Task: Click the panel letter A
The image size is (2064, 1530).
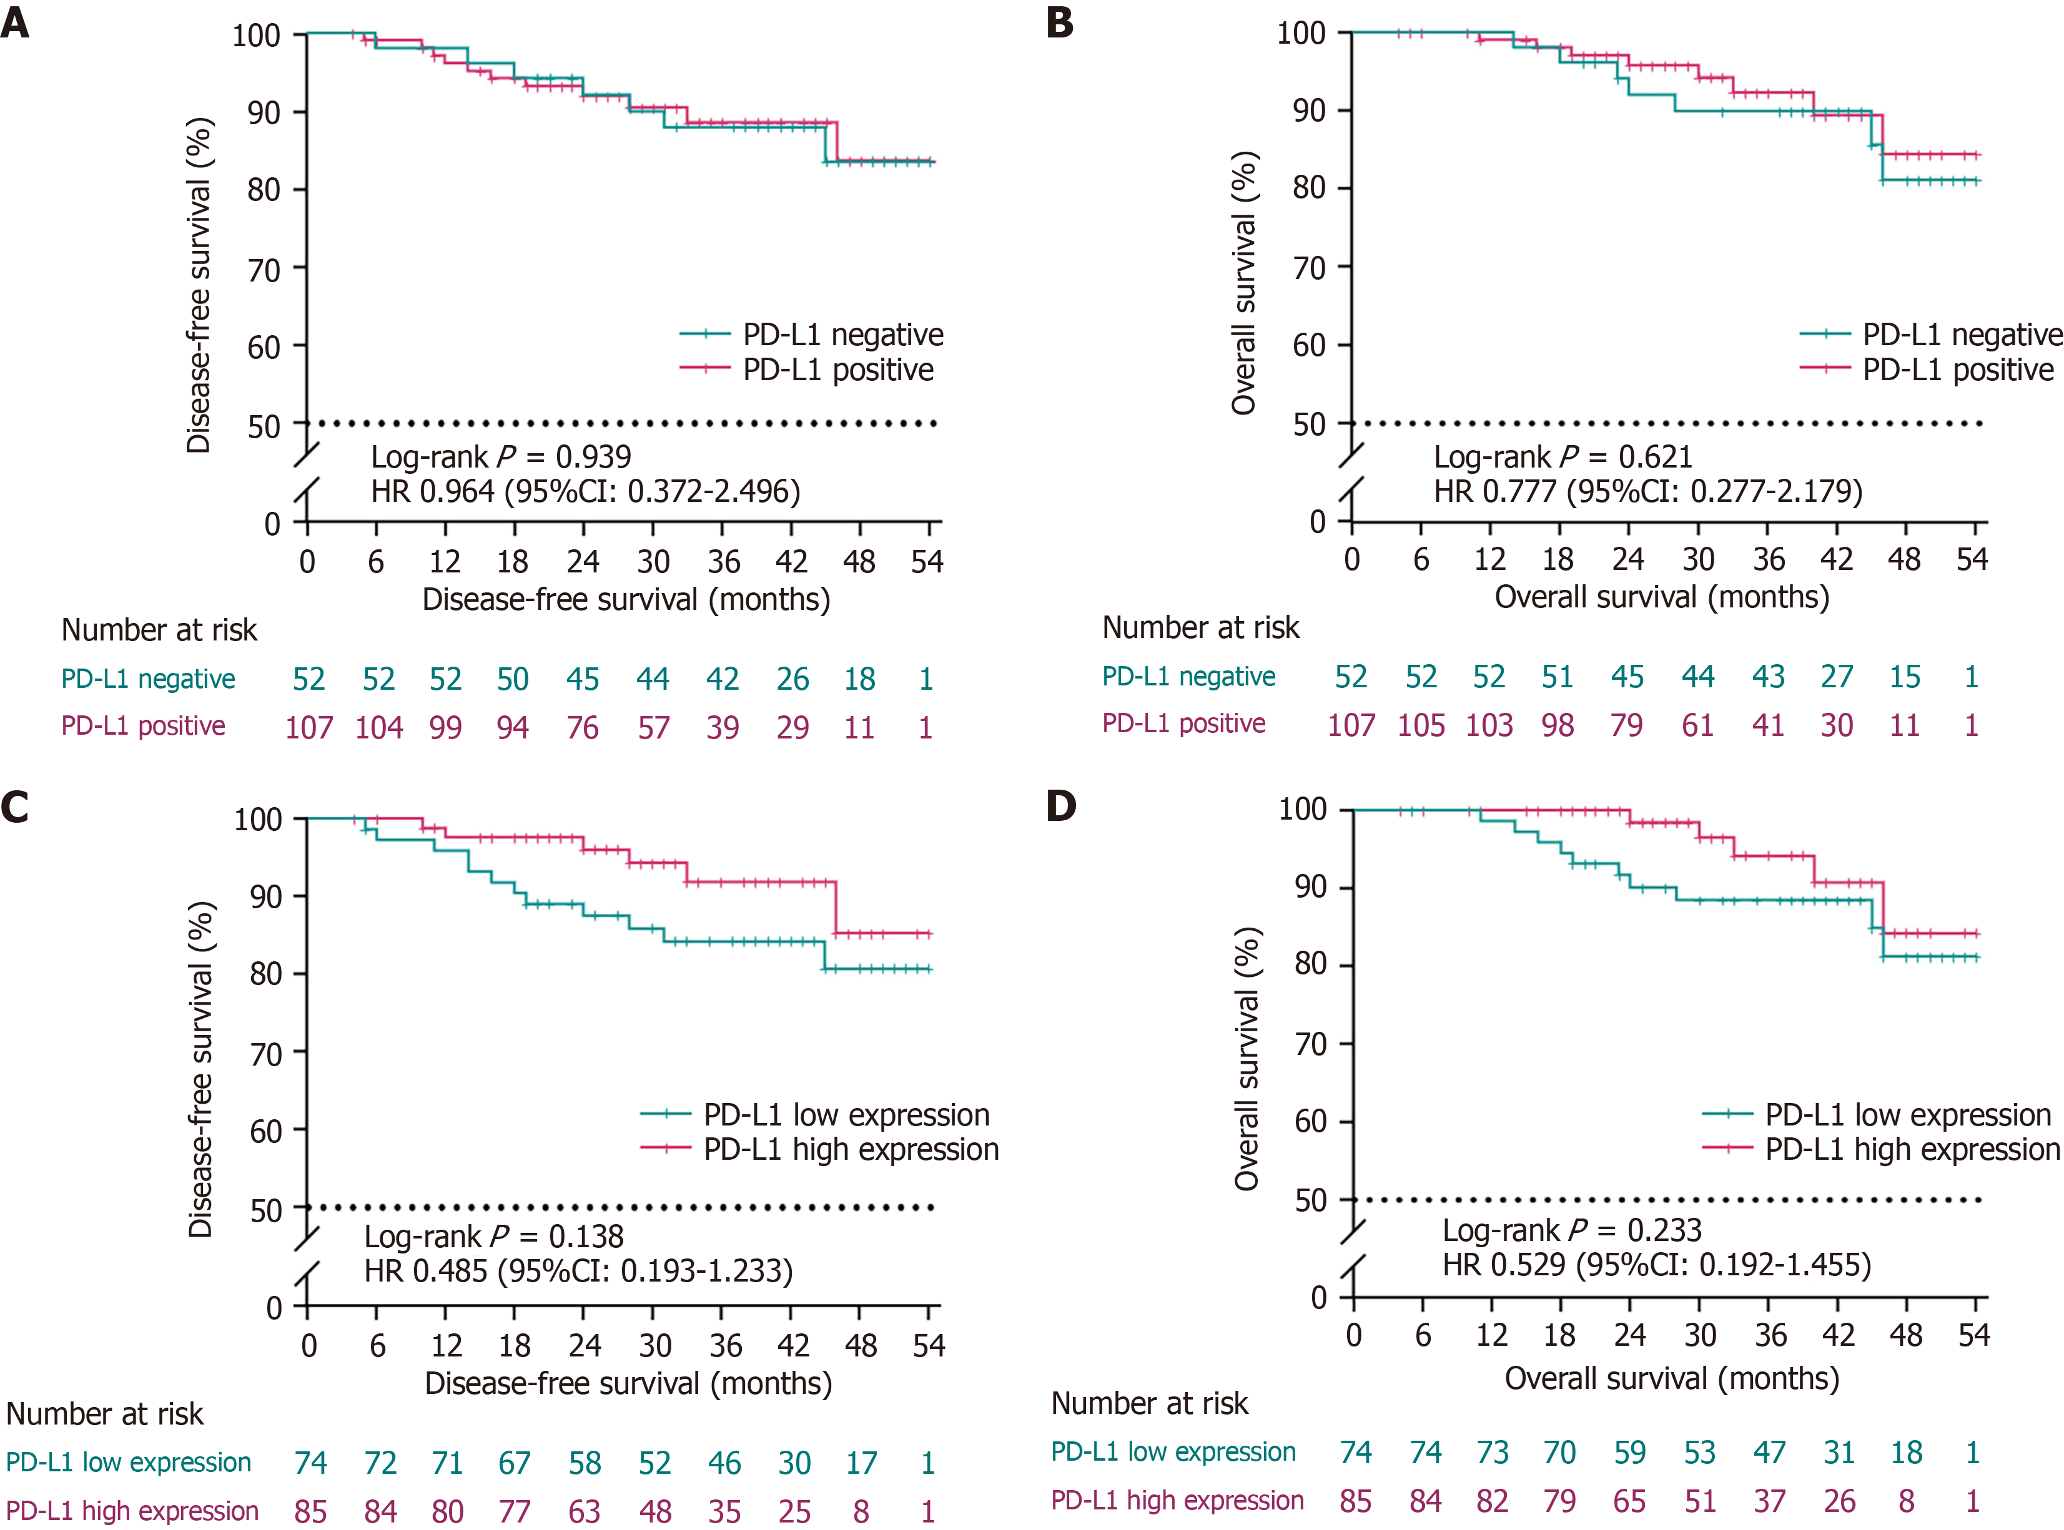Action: coord(16,22)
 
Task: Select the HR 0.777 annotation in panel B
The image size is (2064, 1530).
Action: coord(1647,491)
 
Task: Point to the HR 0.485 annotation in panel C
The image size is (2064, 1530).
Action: coord(578,1271)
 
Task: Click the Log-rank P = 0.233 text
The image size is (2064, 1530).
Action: coord(1571,1230)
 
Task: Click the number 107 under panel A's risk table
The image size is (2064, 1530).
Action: coord(309,728)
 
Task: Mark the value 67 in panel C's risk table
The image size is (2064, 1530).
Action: coord(514,1463)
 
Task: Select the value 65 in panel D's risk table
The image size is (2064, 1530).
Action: coord(1629,1501)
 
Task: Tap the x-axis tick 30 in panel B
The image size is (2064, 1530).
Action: coord(1698,559)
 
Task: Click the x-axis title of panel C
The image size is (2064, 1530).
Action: coord(628,1384)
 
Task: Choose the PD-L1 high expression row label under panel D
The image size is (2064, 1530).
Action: coord(1177,1501)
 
